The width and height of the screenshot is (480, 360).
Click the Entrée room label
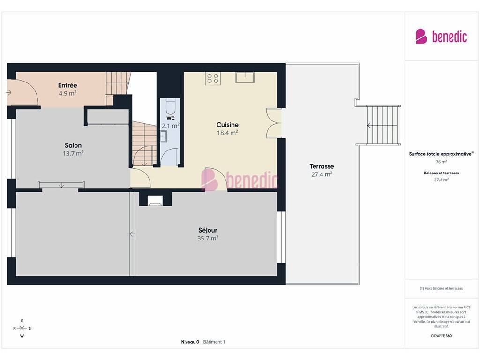pyautogui.click(x=67, y=85)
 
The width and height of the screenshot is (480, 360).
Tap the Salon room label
pyautogui.click(x=73, y=145)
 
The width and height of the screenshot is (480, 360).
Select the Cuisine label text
pyautogui.click(x=227, y=125)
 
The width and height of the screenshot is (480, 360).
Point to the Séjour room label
pyautogui.click(x=208, y=230)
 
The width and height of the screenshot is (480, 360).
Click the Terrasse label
pyautogui.click(x=322, y=166)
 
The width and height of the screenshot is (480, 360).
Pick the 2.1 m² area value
pyautogui.click(x=171, y=126)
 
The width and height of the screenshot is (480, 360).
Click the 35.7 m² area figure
pyautogui.click(x=208, y=238)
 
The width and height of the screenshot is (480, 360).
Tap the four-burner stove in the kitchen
pyautogui.click(x=213, y=78)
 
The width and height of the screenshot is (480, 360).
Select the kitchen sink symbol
pyautogui.click(x=245, y=77)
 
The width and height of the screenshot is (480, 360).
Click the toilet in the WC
pyautogui.click(x=170, y=106)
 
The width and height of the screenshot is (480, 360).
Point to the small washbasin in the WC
pyautogui.click(x=164, y=136)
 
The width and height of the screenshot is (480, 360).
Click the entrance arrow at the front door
pyautogui.click(x=8, y=92)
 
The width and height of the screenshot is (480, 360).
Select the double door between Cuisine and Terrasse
pyautogui.click(x=274, y=123)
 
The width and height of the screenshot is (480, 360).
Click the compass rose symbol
pyautogui.click(x=22, y=328)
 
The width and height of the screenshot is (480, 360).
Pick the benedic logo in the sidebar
pyautogui.click(x=441, y=37)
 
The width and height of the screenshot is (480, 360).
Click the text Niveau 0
pyautogui.click(x=190, y=342)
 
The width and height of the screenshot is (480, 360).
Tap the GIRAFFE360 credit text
pyautogui.click(x=441, y=336)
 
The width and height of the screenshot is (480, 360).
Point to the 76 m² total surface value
pyautogui.click(x=441, y=162)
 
